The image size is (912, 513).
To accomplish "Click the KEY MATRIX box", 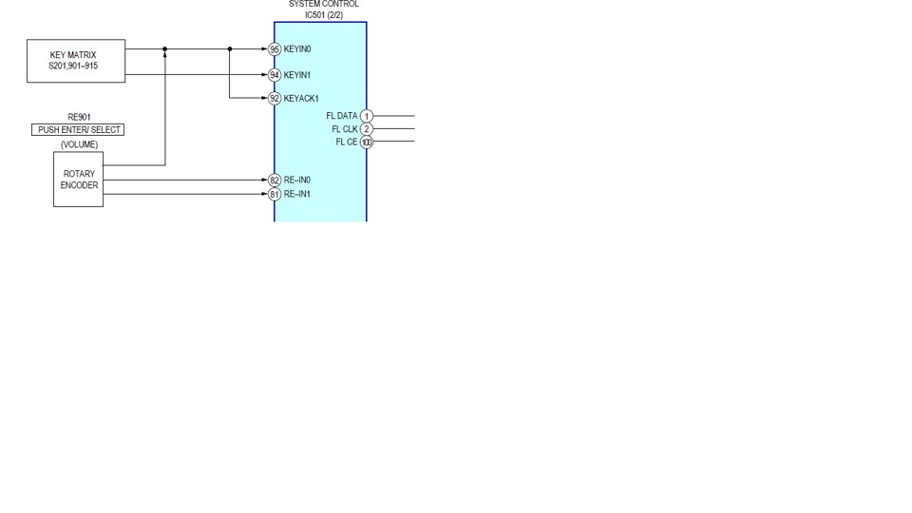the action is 75,61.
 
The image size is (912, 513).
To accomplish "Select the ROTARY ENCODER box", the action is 78,180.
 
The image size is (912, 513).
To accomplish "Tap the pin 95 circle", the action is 275,49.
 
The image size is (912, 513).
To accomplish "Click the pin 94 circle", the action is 275,75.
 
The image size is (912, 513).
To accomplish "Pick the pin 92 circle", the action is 275,99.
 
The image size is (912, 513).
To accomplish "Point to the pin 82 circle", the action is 275,180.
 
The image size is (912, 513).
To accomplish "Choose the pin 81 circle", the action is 275,195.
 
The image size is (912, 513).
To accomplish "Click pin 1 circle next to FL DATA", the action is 367,116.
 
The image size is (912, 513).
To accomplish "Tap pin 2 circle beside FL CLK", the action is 367,129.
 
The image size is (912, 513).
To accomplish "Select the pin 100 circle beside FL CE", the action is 367,142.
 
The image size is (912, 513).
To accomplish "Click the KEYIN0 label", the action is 297,49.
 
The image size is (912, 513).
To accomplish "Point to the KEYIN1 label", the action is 297,75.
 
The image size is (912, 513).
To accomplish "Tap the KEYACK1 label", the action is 301,99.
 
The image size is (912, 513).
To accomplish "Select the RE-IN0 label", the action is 297,180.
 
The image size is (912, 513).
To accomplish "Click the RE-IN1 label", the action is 297,195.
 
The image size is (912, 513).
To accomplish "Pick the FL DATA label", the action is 341,116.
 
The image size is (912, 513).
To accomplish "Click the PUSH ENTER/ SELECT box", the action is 79,129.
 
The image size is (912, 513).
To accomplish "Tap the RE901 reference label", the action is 79,117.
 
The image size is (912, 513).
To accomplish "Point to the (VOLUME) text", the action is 79,144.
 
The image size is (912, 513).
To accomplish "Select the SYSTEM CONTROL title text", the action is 324,5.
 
